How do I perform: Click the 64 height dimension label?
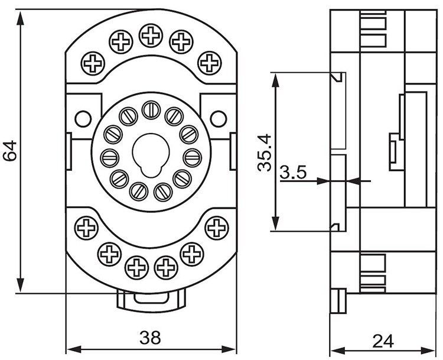10,151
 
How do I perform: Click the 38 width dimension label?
150,338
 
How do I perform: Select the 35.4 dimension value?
265,153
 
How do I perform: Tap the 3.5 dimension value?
293,172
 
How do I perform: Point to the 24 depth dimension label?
383,341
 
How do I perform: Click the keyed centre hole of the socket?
151,155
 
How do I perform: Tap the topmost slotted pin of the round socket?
151,110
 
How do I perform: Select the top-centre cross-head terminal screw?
151,35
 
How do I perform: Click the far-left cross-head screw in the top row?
93,63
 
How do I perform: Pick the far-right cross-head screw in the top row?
209,63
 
